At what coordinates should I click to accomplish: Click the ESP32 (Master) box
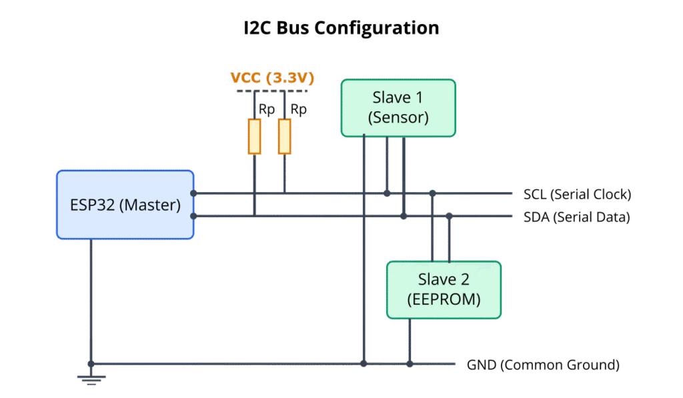point(125,205)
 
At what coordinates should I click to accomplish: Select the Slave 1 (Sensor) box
point(398,108)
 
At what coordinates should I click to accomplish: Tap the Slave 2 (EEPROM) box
point(444,289)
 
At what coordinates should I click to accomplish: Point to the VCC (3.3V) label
point(272,78)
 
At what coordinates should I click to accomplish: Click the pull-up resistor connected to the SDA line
point(254,137)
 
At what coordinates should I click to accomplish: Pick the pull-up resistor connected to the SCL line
point(285,137)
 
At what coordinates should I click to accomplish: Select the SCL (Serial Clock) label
point(577,195)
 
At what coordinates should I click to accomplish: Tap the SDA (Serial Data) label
point(576,217)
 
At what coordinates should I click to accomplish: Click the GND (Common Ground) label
point(544,365)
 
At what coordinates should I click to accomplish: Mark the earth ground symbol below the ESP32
point(91,377)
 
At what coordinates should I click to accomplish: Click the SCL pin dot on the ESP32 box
point(193,193)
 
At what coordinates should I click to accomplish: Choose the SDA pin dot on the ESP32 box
point(193,216)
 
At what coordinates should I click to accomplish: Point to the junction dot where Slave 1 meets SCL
point(387,193)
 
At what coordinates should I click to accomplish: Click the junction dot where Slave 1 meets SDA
point(404,216)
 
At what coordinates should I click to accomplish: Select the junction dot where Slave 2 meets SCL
point(433,193)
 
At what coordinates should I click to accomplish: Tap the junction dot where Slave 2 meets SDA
point(450,216)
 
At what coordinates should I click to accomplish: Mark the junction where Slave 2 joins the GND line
point(410,364)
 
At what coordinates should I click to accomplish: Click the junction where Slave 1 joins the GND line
point(364,364)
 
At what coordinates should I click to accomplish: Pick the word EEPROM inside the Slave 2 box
point(444,300)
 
